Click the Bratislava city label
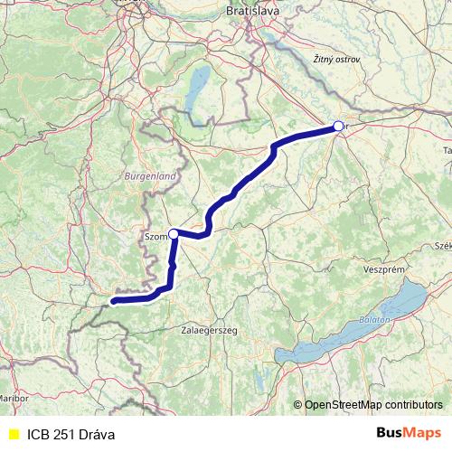click(x=253, y=10)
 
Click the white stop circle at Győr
click(x=337, y=127)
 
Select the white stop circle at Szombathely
click(x=174, y=233)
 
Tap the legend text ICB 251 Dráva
click(x=71, y=435)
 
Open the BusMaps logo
click(x=408, y=434)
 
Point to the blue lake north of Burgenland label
click(x=198, y=87)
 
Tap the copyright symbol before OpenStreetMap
click(x=298, y=405)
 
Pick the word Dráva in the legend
click(x=97, y=435)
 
